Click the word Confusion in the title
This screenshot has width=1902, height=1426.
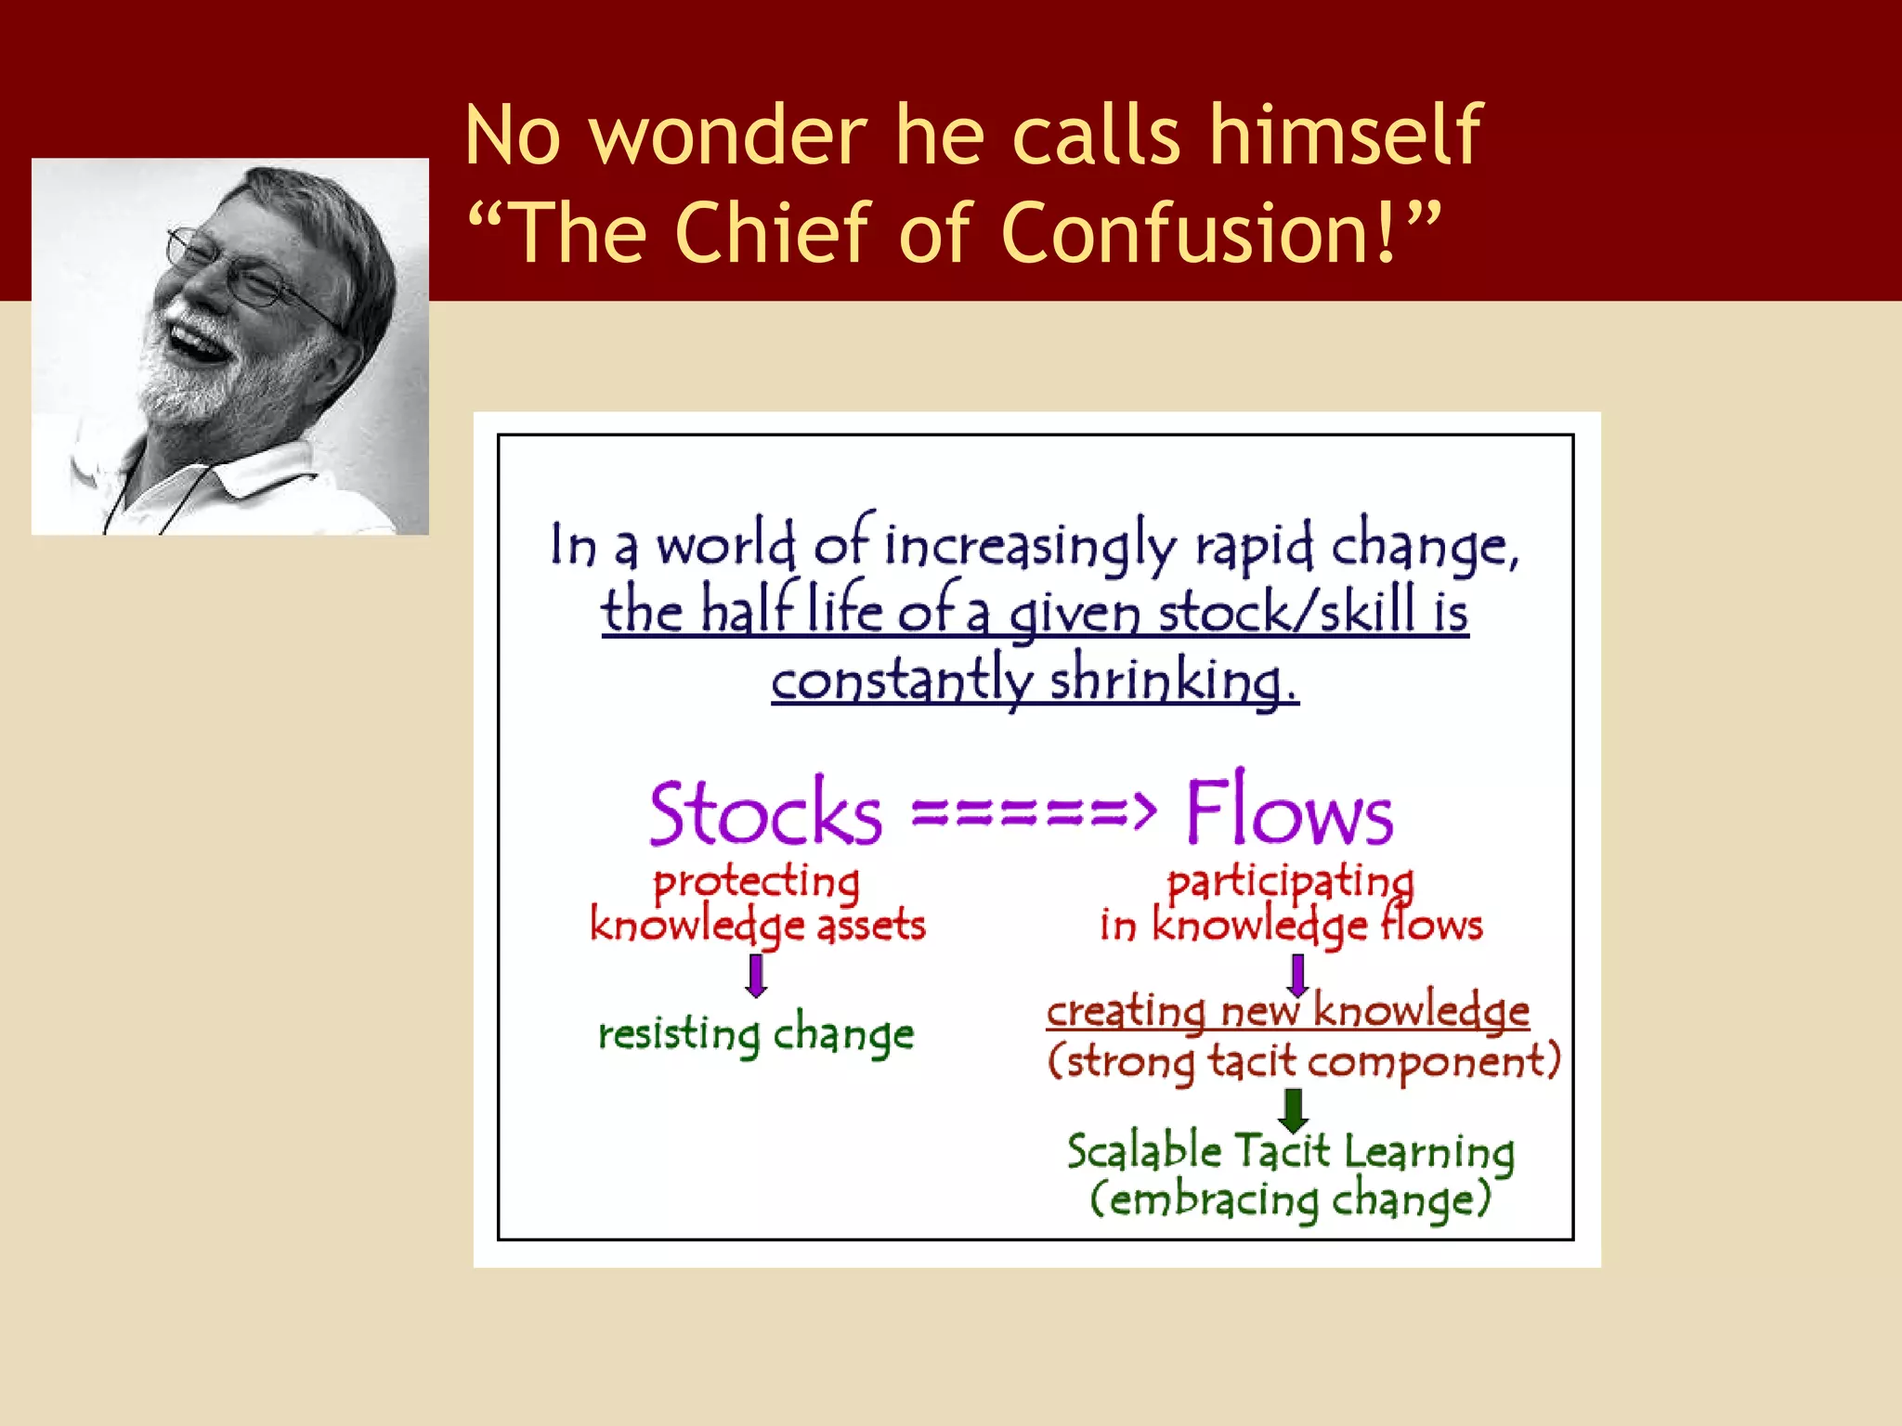coord(1198,232)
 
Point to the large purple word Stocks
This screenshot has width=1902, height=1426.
coord(765,813)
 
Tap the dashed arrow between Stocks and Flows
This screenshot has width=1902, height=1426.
coord(1033,811)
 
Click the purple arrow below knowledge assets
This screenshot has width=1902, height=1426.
coord(757,976)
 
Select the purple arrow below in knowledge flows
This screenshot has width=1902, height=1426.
coord(1297,976)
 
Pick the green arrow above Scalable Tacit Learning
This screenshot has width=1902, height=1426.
coord(1293,1110)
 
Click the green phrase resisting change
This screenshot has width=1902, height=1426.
coord(756,1034)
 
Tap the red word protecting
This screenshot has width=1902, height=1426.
coord(756,883)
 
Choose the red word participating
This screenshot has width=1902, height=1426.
coord(1290,883)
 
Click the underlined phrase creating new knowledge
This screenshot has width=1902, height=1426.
coord(1287,1011)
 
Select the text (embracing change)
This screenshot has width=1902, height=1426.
coord(1290,1199)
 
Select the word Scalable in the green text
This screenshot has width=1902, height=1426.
coord(1144,1151)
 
